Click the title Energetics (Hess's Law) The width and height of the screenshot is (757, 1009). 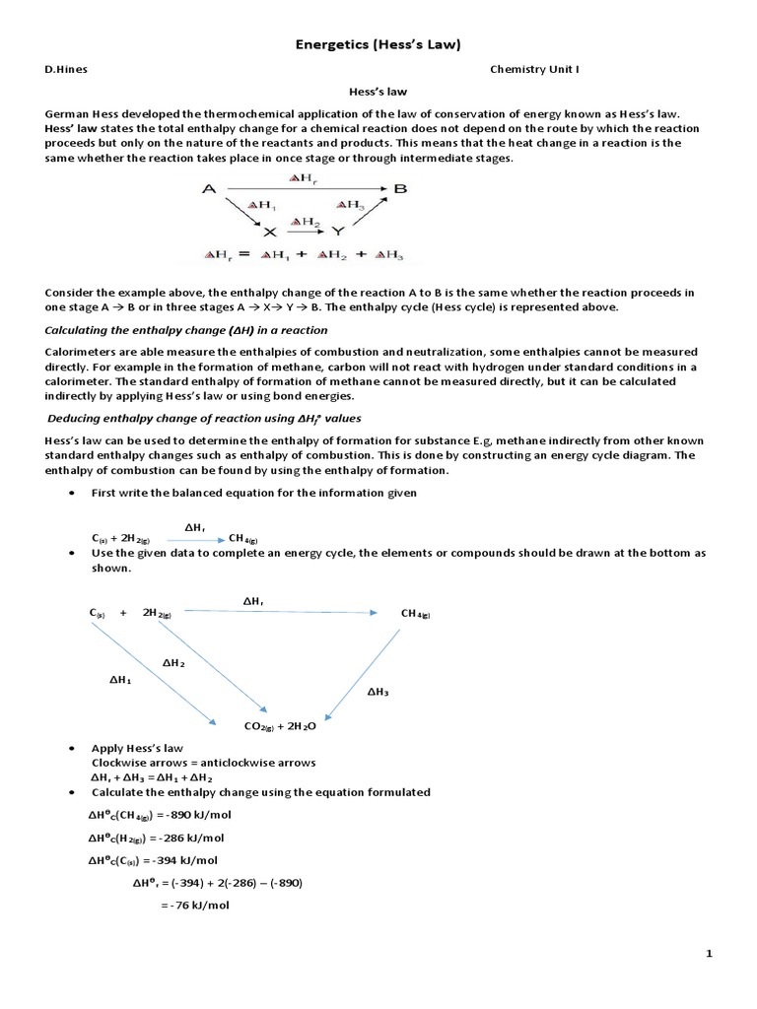click(378, 44)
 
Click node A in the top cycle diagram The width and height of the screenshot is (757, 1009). click(209, 188)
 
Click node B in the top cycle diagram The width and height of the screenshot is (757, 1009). click(400, 188)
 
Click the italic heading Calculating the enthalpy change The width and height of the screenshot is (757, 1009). click(186, 330)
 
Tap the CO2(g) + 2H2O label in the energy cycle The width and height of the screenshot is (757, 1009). click(286, 726)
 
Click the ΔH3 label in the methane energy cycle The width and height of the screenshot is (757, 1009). click(378, 692)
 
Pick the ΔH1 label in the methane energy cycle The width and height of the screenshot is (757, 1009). click(119, 679)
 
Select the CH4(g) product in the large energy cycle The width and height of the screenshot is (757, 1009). click(415, 614)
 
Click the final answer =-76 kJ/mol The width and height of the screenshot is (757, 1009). click(194, 905)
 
